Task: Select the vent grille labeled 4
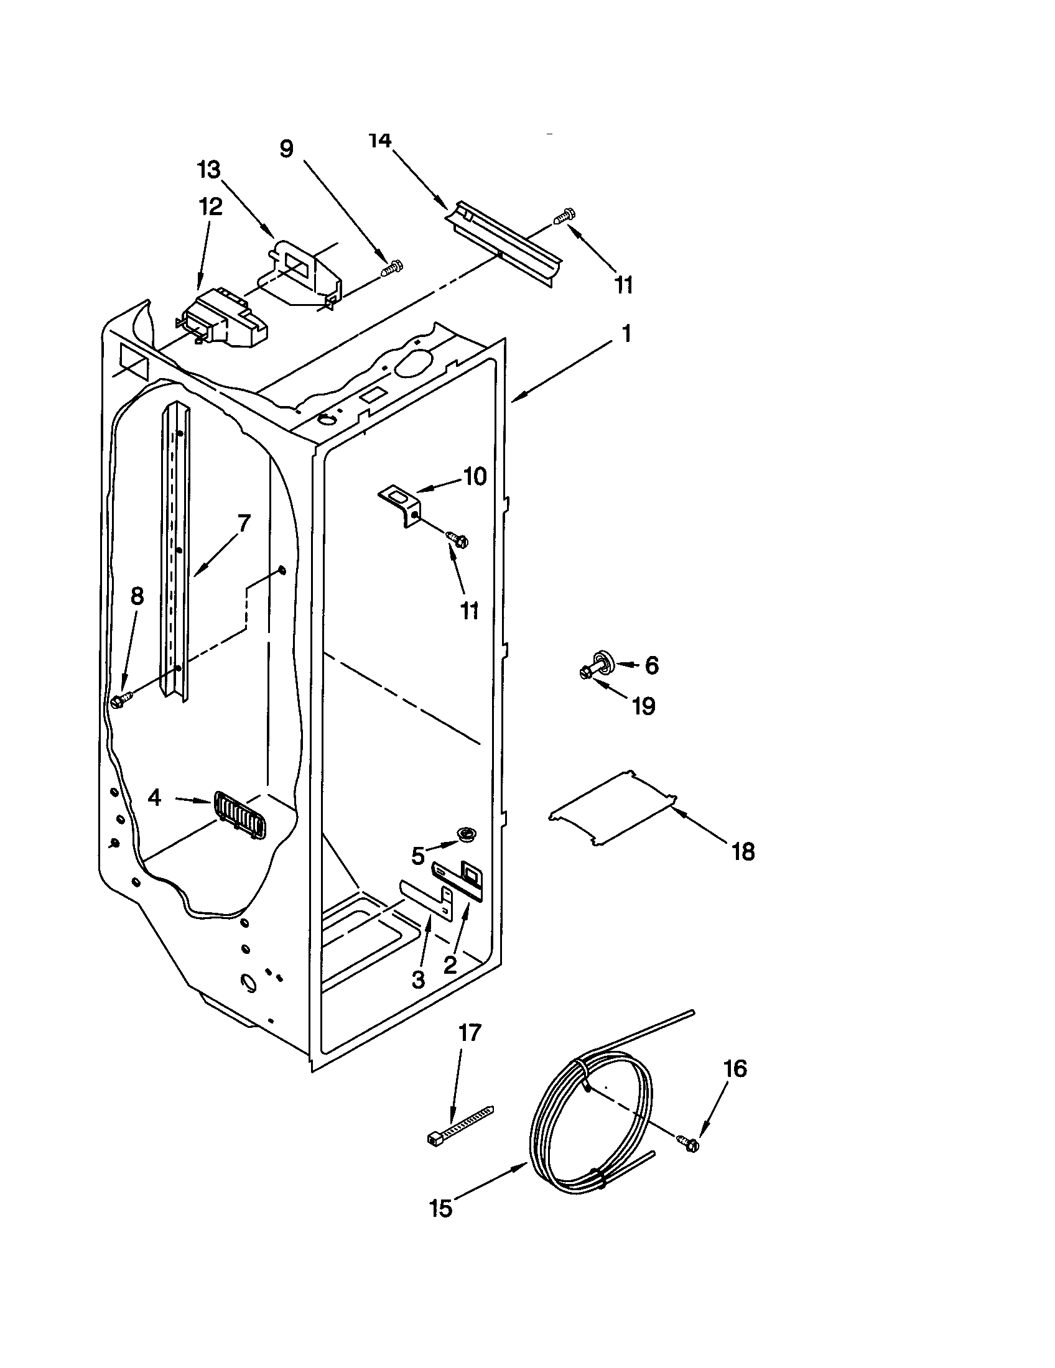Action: click(239, 815)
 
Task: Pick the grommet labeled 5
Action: click(465, 833)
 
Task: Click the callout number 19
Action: click(643, 706)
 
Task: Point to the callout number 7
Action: click(243, 522)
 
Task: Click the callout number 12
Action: click(210, 206)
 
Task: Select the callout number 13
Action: click(209, 170)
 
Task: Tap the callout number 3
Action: click(418, 979)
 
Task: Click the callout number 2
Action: click(450, 965)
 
